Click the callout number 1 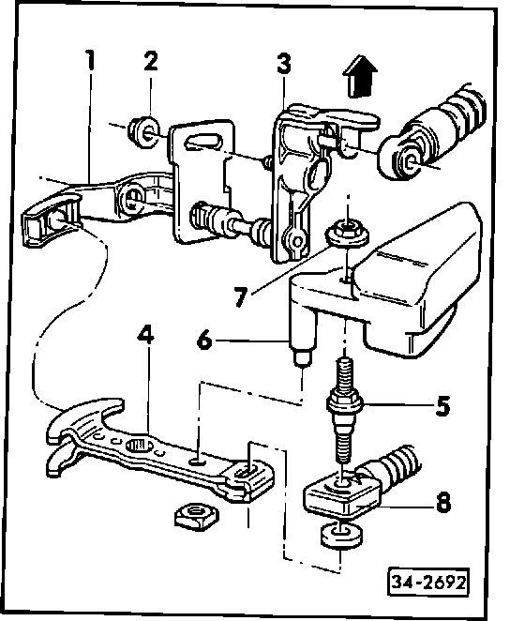91,60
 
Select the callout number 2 150,61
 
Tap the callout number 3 284,64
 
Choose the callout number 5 442,405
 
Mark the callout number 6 204,340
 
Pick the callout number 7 240,296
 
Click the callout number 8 443,503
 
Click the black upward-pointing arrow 359,76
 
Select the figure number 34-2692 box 427,583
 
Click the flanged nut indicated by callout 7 348,233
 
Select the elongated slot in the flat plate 203,142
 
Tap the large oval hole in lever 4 139,446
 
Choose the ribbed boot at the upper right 433,131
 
